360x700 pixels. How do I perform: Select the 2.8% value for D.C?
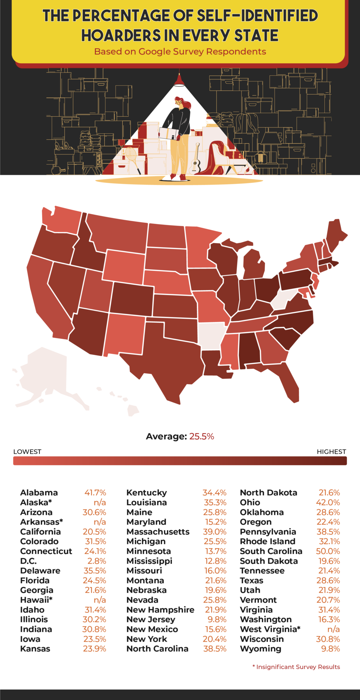coord(99,561)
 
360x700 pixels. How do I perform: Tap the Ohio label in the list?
coord(250,502)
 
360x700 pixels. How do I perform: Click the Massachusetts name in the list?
coord(158,532)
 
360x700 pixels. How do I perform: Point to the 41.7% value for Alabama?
coord(95,493)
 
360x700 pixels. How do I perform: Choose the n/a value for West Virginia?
coord(333,629)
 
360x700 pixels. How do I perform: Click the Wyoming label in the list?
coord(261,649)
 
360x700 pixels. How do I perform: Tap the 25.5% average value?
coord(202,436)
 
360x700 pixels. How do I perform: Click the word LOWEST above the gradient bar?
coord(27,452)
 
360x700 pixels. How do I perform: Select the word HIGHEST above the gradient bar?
coord(331,452)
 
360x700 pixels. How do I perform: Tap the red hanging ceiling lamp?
coord(179,80)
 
